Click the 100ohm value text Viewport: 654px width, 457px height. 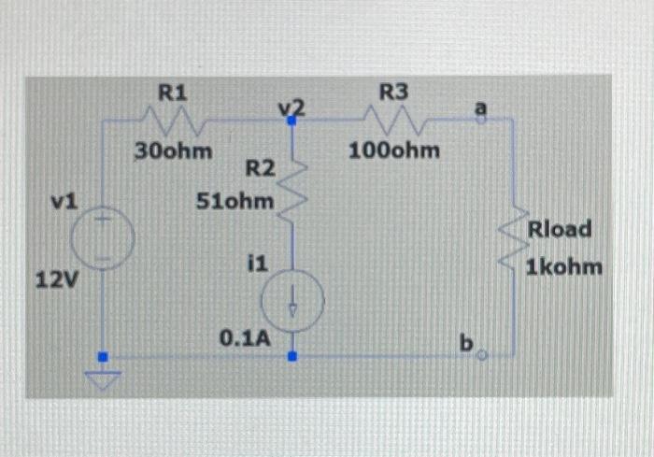(395, 150)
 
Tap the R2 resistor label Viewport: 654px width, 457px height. (260, 169)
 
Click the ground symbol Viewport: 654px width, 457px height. (104, 379)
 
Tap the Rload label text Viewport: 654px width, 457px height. (560, 230)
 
